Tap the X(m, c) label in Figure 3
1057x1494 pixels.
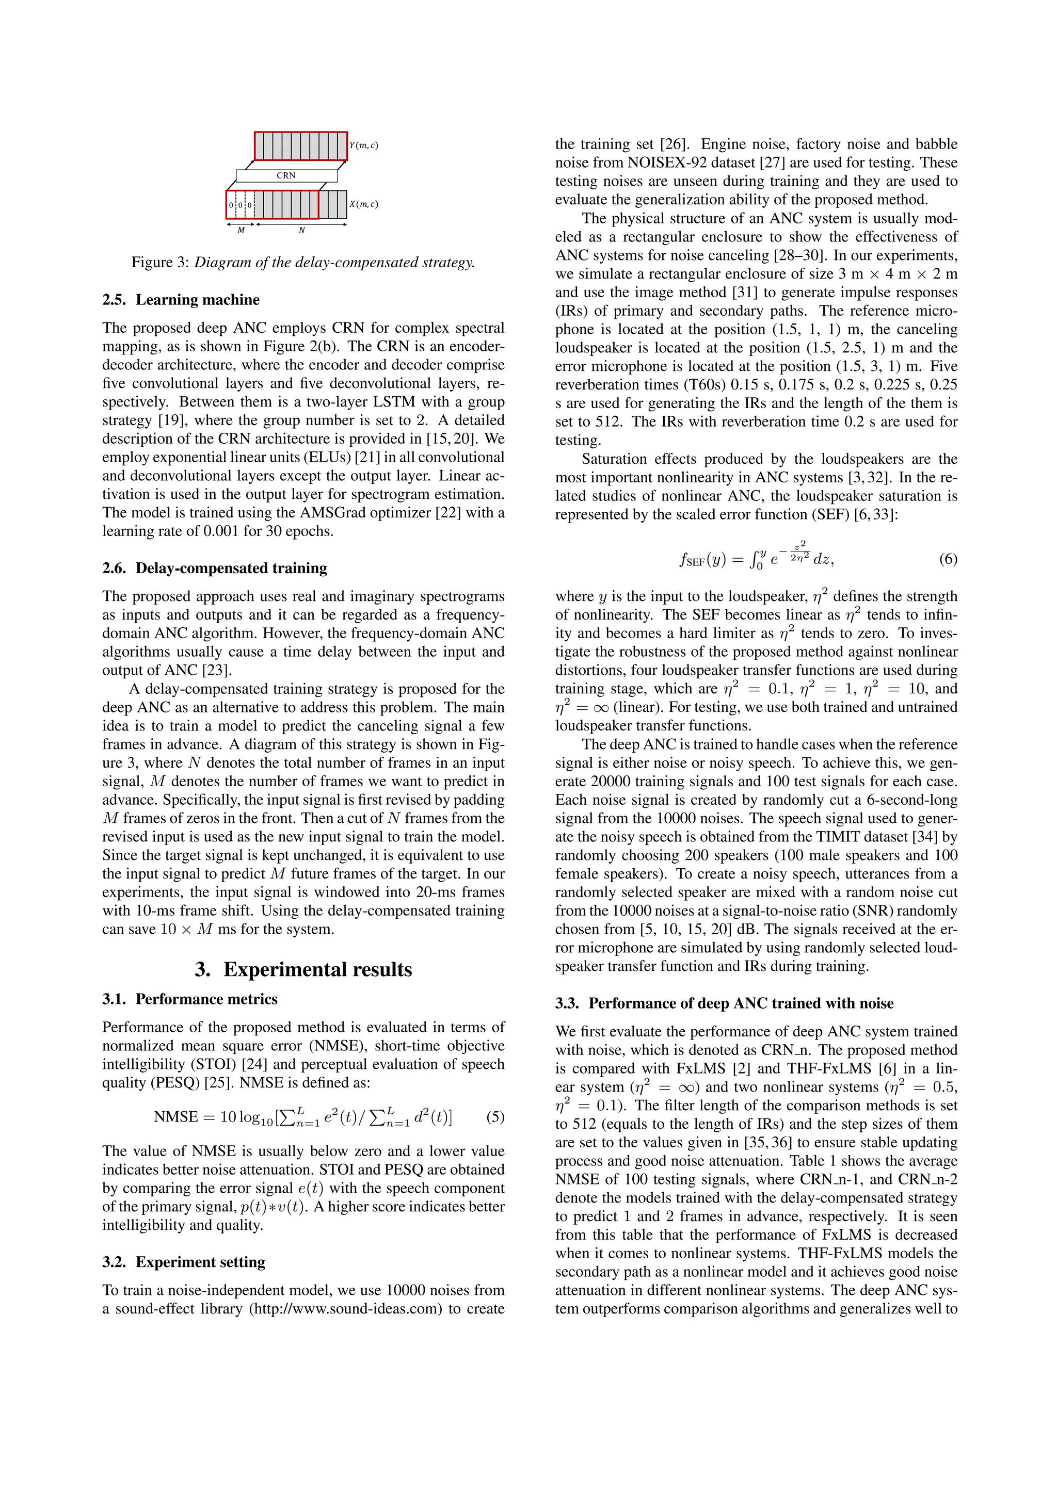click(364, 204)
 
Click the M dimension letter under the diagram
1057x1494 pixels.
click(241, 231)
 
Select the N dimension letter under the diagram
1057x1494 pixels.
click(301, 231)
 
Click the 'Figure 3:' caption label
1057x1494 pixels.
click(160, 263)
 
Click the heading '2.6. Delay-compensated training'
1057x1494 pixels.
click(214, 569)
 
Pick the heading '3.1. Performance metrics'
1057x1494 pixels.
click(189, 999)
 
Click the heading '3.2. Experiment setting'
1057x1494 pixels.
click(184, 1262)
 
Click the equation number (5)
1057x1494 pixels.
click(495, 1117)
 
